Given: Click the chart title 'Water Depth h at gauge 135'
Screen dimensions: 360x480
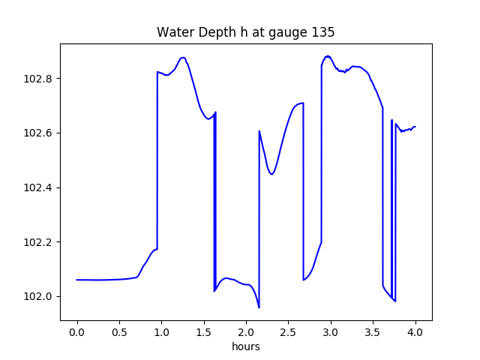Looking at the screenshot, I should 245,32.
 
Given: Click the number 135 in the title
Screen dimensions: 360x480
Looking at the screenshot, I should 324,32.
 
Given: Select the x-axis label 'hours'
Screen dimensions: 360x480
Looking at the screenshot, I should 245,347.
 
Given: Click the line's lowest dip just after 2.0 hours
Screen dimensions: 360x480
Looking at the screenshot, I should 259,307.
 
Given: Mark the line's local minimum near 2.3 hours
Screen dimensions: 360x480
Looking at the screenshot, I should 271,174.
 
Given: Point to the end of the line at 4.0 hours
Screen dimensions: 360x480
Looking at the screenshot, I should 415,127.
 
